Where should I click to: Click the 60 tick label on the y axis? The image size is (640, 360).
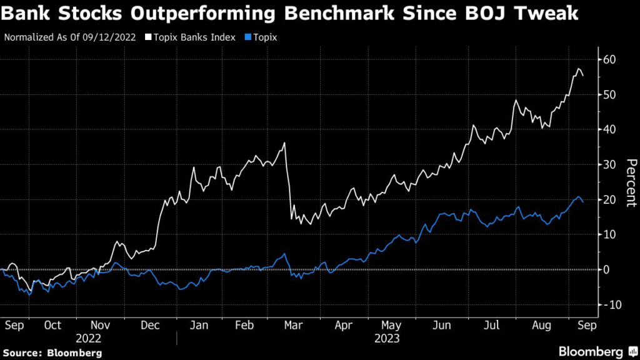(610, 59)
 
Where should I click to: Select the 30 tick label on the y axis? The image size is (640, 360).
(610, 164)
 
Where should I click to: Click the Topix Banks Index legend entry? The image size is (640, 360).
(191, 37)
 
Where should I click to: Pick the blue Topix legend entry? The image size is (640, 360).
(261, 37)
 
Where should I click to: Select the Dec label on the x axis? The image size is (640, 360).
(149, 325)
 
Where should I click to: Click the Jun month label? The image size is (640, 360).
(441, 325)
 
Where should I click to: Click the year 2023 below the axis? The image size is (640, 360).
(388, 338)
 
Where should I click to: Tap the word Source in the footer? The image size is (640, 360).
(24, 352)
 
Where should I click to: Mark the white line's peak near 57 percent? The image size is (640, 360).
(579, 68)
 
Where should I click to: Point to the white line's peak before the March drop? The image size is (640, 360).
(285, 143)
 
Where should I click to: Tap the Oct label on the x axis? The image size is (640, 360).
(53, 325)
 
